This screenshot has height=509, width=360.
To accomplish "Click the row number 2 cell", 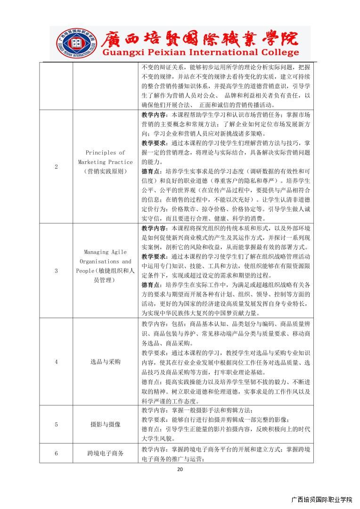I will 57,167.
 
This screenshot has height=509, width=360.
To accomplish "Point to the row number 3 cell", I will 57,271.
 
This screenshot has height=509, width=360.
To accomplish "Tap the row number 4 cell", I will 57,362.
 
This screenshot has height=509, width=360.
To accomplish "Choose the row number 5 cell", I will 57,424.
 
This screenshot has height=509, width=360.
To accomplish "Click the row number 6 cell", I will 57,453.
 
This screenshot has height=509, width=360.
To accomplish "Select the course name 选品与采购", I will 106,362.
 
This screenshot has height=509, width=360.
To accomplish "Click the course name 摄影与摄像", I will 106,424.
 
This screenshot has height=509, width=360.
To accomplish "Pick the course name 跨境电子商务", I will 106,453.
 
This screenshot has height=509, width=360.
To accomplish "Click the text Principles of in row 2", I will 106,153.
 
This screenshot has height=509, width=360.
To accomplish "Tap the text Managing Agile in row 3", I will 106,252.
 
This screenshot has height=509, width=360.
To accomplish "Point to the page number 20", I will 180,469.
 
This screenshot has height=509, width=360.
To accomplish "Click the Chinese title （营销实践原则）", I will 106,172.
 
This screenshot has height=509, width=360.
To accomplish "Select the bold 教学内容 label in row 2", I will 153,115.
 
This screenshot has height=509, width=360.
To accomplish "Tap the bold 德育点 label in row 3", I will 150,285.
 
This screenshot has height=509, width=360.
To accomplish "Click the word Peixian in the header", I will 162,52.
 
